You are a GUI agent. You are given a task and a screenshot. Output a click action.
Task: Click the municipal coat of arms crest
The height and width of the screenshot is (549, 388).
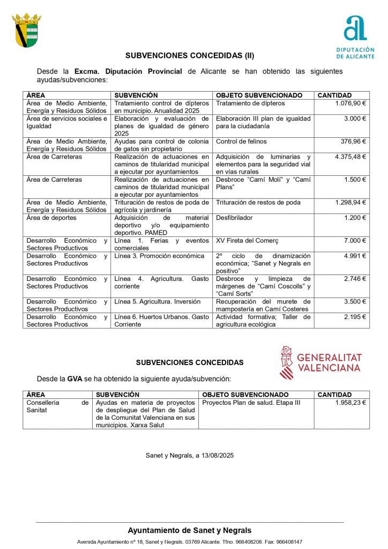click(x=26, y=30)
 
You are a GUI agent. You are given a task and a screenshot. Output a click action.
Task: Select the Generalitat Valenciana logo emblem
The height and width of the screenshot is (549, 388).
click(x=287, y=362)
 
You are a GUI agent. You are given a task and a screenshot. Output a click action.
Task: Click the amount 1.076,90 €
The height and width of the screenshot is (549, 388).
click(x=350, y=103)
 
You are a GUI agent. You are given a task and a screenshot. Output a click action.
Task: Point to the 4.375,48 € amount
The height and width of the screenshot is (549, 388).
click(x=350, y=157)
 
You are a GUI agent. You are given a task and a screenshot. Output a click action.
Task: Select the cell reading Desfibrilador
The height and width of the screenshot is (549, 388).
click(x=234, y=218)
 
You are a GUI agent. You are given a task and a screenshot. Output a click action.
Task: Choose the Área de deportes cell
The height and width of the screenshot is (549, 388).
click(x=51, y=218)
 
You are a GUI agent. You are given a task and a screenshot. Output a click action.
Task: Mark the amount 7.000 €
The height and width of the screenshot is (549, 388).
click(x=355, y=241)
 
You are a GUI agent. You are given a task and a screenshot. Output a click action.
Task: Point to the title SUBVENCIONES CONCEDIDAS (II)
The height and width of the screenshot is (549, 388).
click(x=190, y=55)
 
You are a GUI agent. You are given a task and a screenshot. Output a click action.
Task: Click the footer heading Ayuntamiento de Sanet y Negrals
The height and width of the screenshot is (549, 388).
click(x=189, y=530)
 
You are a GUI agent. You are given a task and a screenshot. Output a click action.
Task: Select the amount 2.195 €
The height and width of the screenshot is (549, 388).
click(x=355, y=317)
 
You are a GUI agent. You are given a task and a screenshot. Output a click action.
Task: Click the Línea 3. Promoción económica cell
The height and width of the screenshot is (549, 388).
click(x=159, y=256)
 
